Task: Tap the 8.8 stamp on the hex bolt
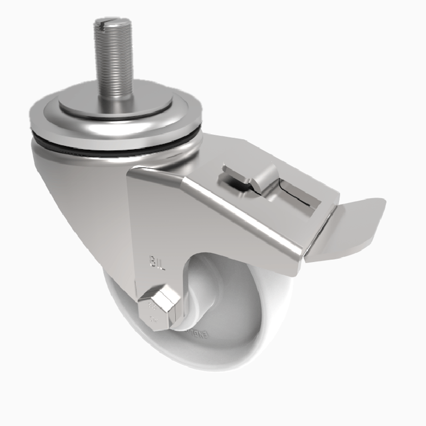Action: click(x=151, y=307)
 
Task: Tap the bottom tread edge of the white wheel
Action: click(x=176, y=367)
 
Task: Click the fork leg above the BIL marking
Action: click(x=154, y=224)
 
